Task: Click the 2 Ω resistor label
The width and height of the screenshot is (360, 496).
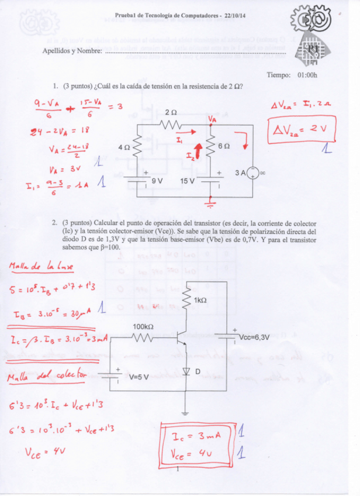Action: click(x=171, y=112)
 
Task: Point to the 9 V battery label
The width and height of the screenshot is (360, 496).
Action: click(x=157, y=182)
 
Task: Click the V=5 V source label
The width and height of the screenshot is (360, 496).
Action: click(x=139, y=377)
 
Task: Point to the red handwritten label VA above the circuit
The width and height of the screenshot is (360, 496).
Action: click(x=212, y=118)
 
